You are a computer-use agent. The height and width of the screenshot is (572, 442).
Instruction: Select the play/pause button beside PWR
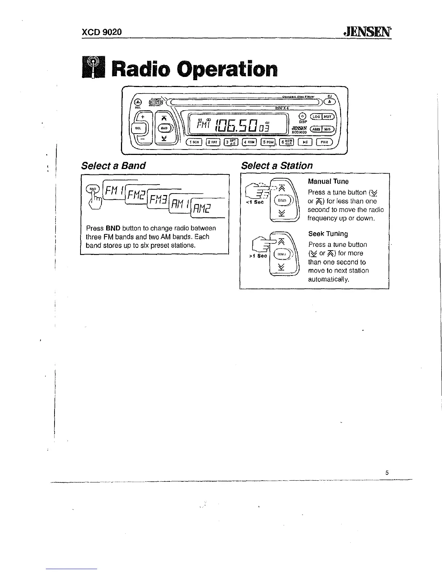(305, 142)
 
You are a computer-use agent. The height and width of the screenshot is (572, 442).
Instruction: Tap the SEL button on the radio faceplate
(138, 128)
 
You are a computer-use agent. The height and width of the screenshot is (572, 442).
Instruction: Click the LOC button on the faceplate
(316, 116)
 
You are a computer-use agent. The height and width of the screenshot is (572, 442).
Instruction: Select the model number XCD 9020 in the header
(101, 32)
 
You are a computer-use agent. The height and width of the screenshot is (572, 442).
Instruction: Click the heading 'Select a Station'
(277, 166)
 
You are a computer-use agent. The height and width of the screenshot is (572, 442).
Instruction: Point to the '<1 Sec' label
(255, 202)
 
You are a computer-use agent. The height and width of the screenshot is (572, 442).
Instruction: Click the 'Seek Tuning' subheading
(328, 234)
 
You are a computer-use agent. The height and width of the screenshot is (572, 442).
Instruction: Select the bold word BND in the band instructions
(113, 228)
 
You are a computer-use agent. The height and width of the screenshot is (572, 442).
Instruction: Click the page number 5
(387, 473)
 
